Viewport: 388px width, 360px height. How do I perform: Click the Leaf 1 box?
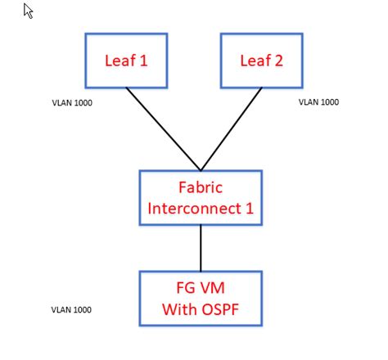click(x=126, y=60)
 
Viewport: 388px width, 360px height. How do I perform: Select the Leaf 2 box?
click(x=261, y=60)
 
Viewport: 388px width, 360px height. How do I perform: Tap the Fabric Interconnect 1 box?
click(x=201, y=197)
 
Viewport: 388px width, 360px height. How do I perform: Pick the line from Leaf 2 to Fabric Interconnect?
click(x=232, y=128)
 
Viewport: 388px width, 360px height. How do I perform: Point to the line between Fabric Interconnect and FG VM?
click(x=201, y=247)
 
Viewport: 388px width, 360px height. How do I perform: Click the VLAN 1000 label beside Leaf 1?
click(x=71, y=105)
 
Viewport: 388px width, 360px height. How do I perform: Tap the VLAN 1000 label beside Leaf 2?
click(x=318, y=102)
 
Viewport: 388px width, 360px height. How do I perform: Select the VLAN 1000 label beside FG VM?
click(x=71, y=310)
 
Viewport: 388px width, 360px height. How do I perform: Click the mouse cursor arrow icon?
click(x=29, y=11)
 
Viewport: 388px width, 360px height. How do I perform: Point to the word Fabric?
click(x=201, y=187)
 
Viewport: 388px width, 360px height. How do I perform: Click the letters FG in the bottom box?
click(x=185, y=289)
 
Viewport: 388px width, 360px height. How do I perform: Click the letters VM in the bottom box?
click(x=213, y=289)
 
